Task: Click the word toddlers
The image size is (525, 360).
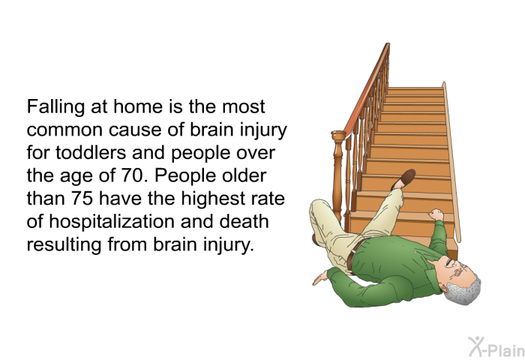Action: [91, 153]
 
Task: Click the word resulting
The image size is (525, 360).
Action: [64, 245]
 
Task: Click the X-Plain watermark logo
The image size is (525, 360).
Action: [496, 346]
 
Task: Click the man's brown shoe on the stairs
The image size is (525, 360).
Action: [403, 179]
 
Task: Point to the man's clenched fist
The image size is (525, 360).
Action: [436, 214]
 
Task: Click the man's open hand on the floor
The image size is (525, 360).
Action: [321, 278]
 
